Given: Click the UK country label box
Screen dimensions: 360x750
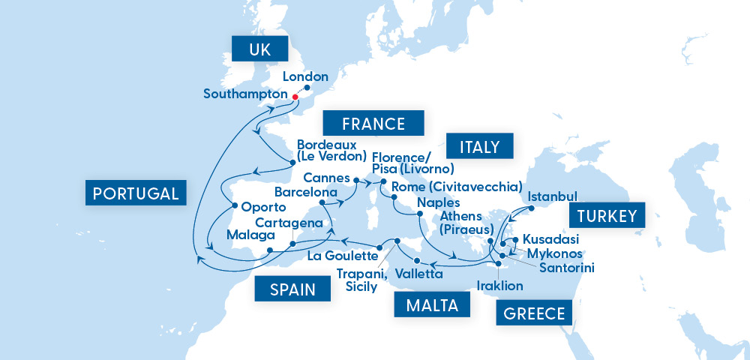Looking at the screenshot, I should (x=259, y=51).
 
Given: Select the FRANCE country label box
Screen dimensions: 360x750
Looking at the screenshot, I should (x=373, y=124).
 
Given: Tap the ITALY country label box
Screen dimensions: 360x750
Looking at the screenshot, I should (x=479, y=145).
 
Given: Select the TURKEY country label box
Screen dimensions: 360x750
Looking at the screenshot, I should (x=607, y=217).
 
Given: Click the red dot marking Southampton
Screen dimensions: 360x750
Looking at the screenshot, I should (x=295, y=97).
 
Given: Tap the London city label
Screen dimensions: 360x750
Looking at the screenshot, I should (x=305, y=76).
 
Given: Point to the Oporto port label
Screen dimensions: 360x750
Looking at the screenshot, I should (x=264, y=206).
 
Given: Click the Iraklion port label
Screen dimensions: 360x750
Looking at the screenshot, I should (x=500, y=286).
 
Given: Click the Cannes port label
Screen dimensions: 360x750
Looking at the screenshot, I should (x=327, y=178).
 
